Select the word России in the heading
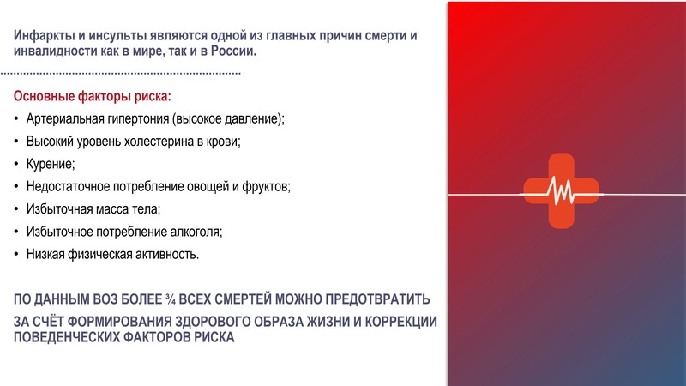[x=233, y=51]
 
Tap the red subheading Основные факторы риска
[x=92, y=96]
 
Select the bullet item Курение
[x=51, y=164]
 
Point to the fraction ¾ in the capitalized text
[x=170, y=299]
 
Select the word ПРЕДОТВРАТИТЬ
[x=377, y=299]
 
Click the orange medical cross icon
[x=562, y=190]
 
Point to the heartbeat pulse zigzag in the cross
[x=562, y=190]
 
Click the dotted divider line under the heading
[x=120, y=73]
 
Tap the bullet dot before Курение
[x=16, y=164]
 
